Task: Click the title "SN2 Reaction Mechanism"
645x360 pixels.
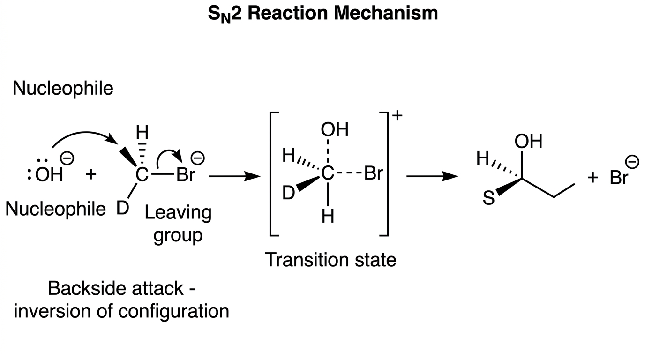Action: click(323, 14)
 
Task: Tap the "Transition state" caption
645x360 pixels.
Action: click(330, 260)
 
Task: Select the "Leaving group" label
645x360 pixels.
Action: click(178, 224)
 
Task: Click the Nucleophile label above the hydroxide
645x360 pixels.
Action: click(63, 88)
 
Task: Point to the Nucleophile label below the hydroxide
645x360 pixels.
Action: click(56, 209)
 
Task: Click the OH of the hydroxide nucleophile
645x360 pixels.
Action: click(49, 174)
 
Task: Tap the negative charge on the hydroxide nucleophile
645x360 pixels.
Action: click(67, 158)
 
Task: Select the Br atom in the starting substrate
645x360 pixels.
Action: click(186, 174)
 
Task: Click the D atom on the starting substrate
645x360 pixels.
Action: click(122, 208)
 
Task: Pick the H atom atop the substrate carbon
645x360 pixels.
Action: click(142, 132)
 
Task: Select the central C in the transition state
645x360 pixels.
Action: click(328, 173)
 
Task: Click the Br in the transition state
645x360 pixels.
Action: click(374, 173)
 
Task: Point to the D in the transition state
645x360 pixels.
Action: click(289, 193)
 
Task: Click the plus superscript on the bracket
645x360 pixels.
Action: click(397, 115)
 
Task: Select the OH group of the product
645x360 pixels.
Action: click(528, 142)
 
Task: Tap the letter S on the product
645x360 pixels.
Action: click(488, 198)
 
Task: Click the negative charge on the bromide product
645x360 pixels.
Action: click(632, 162)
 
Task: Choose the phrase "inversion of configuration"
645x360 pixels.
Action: click(121, 311)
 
